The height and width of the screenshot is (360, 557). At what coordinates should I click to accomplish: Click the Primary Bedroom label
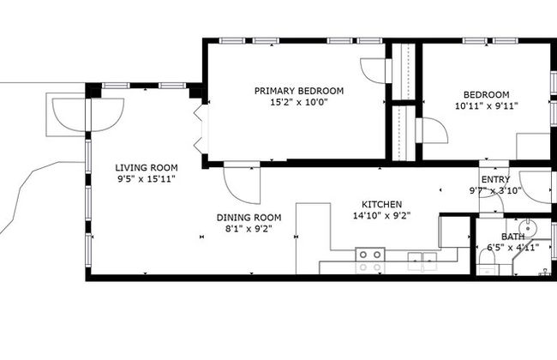click(x=299, y=91)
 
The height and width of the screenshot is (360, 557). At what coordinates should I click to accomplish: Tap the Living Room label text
click(x=147, y=168)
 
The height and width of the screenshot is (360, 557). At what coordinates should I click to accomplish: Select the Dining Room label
click(x=249, y=218)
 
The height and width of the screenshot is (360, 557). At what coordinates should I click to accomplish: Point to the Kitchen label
click(x=382, y=205)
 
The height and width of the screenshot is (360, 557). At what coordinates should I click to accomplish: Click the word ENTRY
click(x=495, y=179)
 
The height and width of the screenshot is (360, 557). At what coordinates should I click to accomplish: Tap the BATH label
click(x=512, y=237)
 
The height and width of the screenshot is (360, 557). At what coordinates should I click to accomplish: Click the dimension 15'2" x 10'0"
click(x=299, y=103)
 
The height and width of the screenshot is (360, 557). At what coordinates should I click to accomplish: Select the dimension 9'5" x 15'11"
click(x=147, y=179)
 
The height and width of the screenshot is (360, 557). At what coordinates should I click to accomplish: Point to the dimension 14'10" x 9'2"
click(x=382, y=216)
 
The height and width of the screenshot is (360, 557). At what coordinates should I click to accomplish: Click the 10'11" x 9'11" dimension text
click(x=487, y=106)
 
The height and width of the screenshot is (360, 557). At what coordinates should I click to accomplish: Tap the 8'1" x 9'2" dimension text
click(x=249, y=229)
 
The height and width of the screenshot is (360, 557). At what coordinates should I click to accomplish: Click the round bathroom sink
click(x=528, y=227)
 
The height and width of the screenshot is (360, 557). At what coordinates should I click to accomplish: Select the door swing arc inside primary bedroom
click(x=373, y=71)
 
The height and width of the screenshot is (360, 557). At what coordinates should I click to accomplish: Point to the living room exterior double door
click(x=88, y=115)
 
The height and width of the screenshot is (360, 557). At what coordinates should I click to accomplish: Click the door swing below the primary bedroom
click(x=242, y=185)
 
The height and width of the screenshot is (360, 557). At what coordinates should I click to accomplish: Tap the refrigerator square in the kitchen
click(x=455, y=231)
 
